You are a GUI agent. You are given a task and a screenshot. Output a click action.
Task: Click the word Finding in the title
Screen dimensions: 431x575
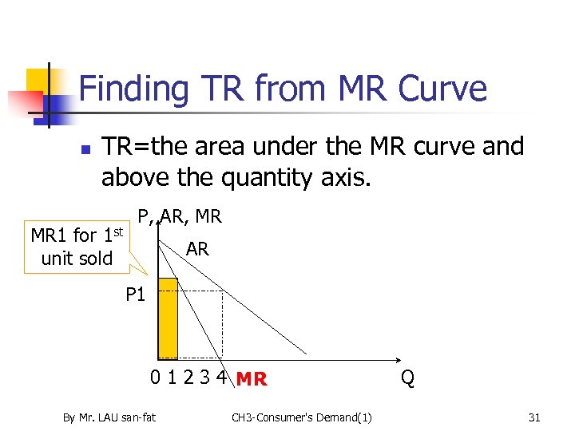pos(132,88)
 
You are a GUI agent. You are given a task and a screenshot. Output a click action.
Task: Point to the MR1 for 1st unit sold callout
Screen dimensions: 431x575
pos(77,247)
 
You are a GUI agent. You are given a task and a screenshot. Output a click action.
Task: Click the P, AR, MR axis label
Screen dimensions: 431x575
pos(180,216)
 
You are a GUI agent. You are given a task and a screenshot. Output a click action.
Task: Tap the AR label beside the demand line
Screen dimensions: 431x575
pos(197,249)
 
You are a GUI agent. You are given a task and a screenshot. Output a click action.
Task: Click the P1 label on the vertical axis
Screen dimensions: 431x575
pos(136,295)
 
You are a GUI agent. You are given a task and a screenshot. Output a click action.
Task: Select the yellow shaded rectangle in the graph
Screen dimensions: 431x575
pos(168,318)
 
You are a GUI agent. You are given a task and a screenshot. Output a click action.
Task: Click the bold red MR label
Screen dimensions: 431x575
pos(252,379)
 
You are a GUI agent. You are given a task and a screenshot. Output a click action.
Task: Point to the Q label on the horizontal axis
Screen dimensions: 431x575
pos(407,378)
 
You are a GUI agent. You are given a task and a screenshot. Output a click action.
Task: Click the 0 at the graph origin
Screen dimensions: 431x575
pos(157,378)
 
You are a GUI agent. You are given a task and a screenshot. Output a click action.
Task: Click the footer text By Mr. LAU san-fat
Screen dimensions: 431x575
pos(109,416)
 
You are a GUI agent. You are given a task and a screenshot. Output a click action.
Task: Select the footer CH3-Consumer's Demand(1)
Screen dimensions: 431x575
pos(302,416)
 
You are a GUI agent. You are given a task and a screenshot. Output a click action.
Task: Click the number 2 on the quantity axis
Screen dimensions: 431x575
pos(188,378)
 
